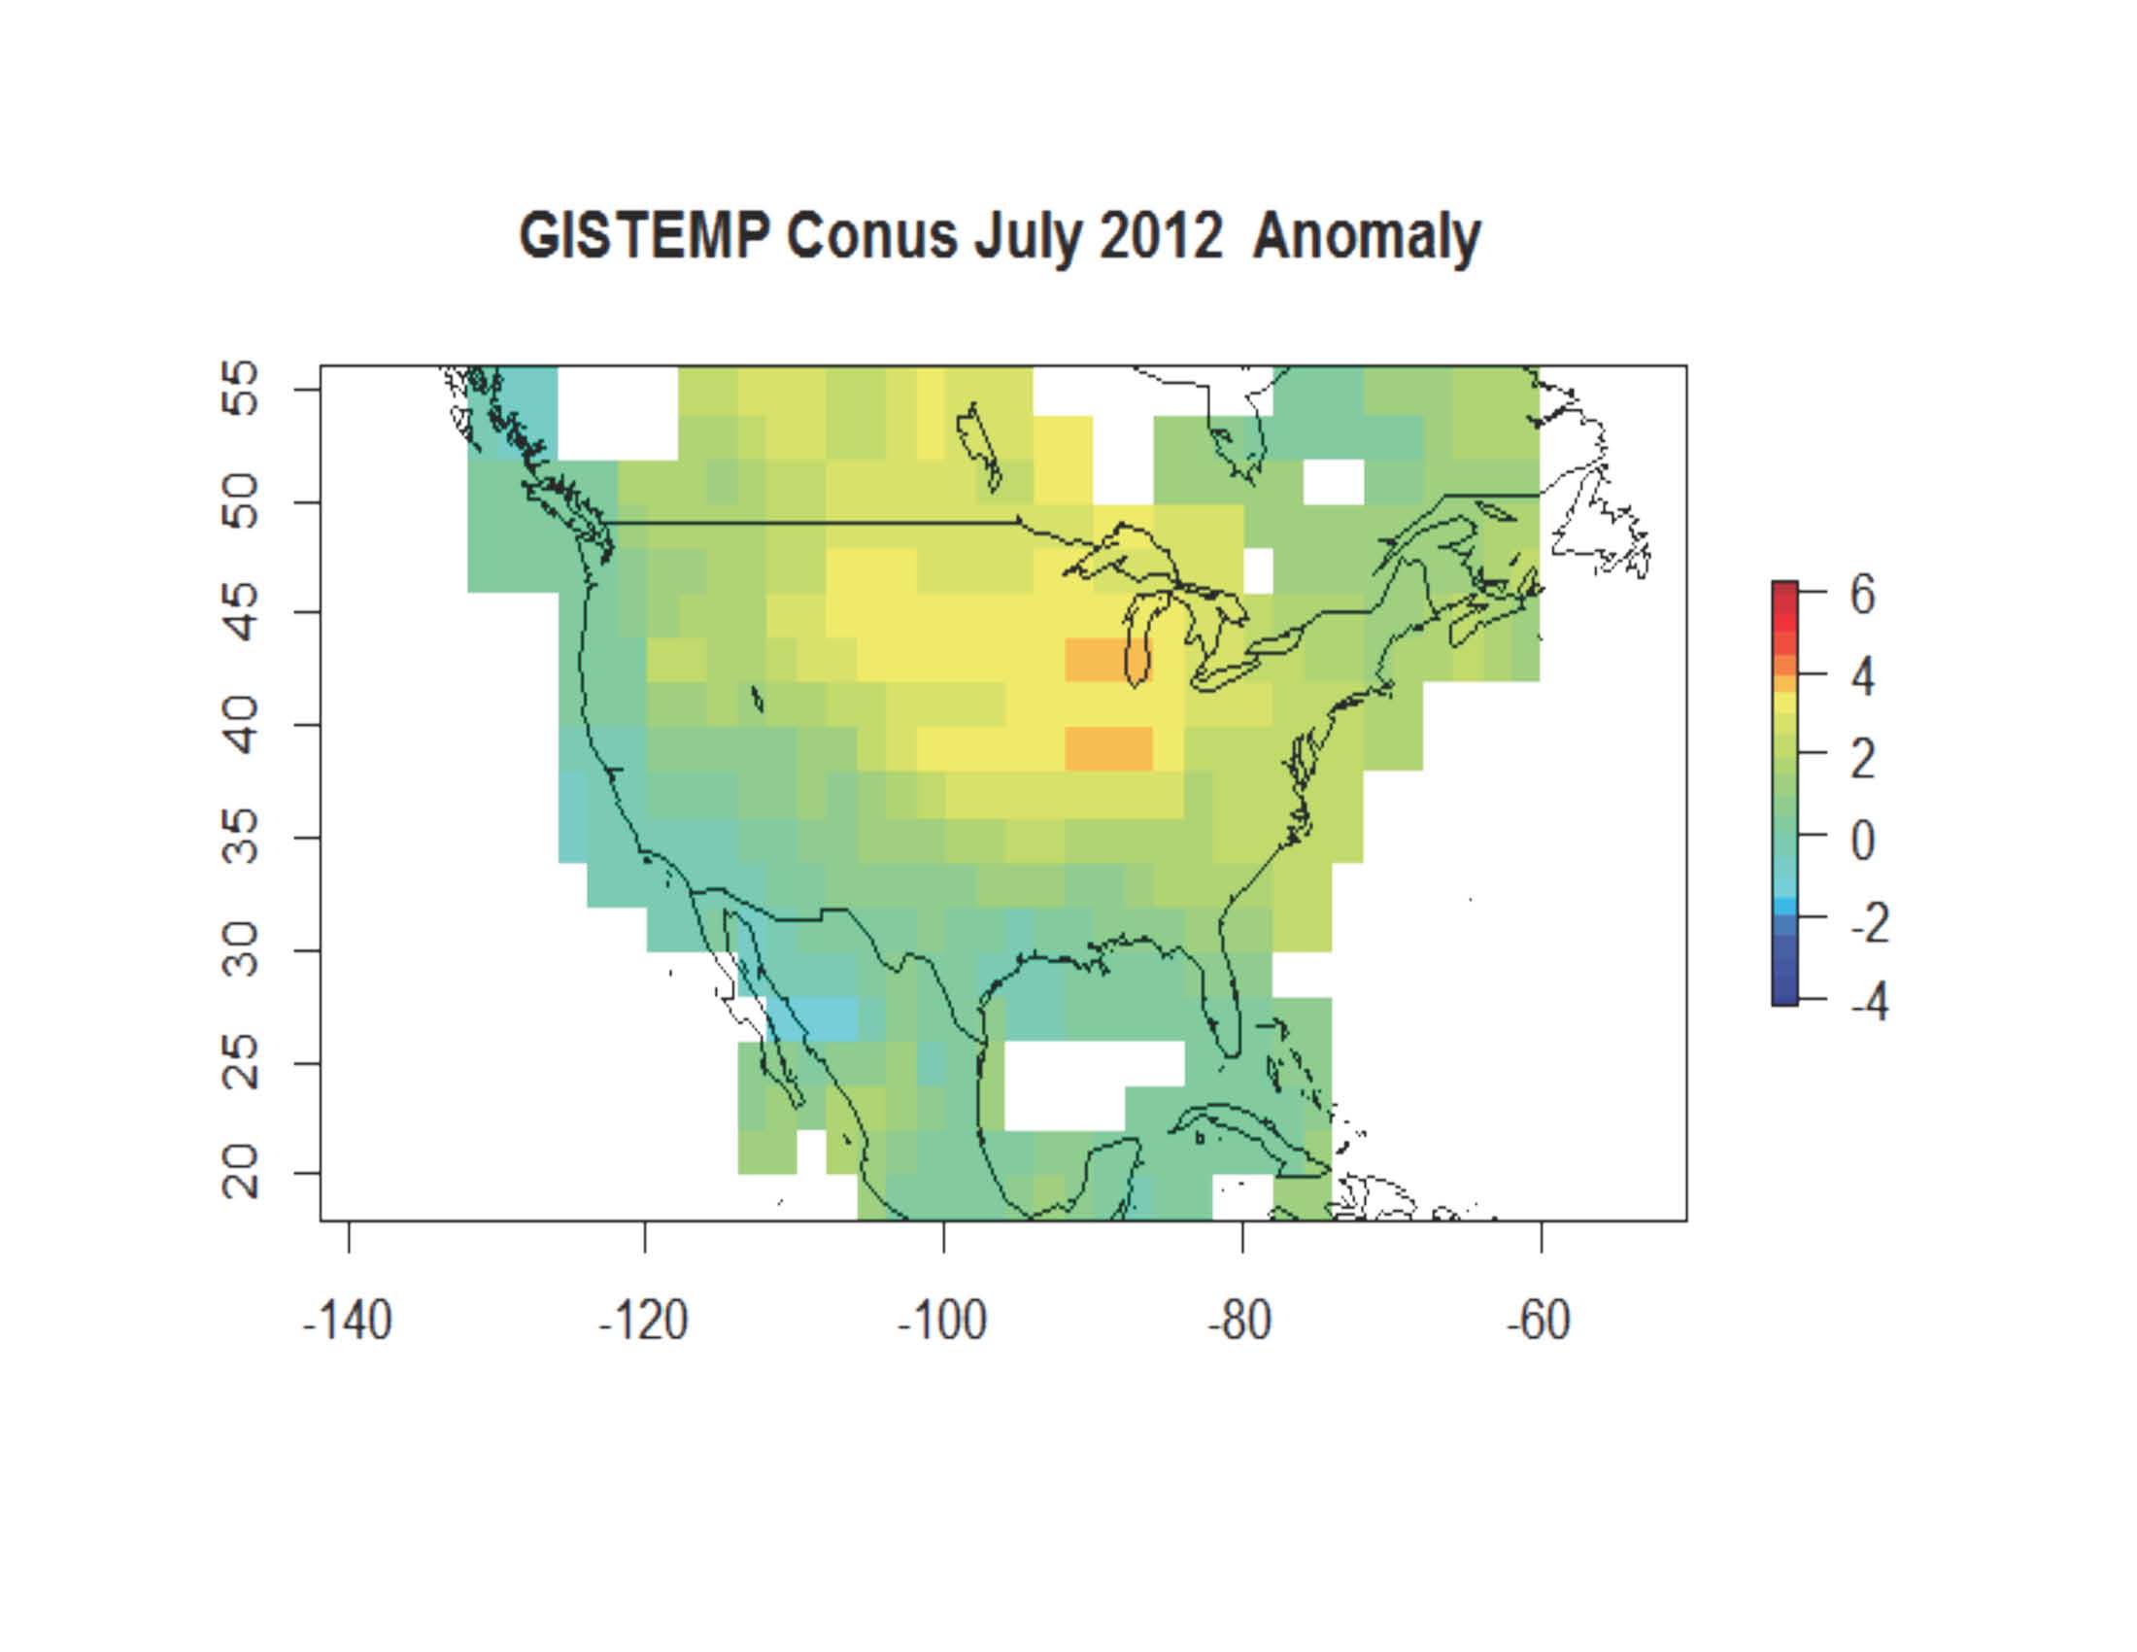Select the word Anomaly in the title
(1366, 237)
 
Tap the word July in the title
(1027, 237)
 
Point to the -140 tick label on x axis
(348, 1321)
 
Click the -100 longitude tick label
(941, 1321)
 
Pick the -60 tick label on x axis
(1539, 1321)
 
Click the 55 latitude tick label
(240, 389)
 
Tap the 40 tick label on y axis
(240, 724)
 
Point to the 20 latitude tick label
(240, 1172)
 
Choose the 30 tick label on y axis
(240, 949)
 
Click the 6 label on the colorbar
(1862, 594)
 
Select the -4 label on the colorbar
(1868, 1000)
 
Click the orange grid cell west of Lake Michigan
(1094, 660)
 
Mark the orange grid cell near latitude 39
(1107, 747)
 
